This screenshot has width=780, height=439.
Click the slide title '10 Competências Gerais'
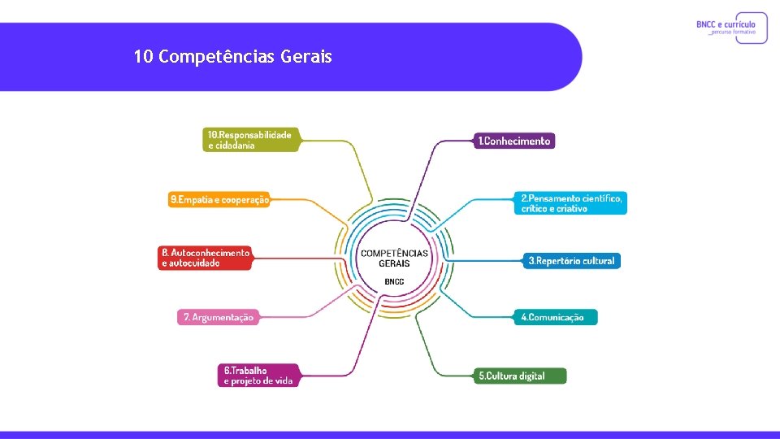(232, 57)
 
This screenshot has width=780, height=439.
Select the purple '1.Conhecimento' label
(514, 141)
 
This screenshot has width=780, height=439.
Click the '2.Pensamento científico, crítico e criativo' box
(571, 203)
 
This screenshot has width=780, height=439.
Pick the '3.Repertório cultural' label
(571, 261)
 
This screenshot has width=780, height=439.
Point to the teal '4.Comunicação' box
(556, 317)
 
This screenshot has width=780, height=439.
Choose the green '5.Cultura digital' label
(521, 376)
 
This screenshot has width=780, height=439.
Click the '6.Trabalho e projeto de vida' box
(258, 376)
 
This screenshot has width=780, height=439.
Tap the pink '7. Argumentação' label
(218, 317)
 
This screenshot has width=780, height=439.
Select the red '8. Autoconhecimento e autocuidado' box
(206, 258)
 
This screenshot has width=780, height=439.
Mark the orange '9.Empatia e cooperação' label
(219, 199)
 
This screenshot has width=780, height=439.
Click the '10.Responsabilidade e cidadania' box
(250, 139)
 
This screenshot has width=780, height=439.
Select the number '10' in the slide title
(144, 57)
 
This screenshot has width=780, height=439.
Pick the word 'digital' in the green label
(526, 376)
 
